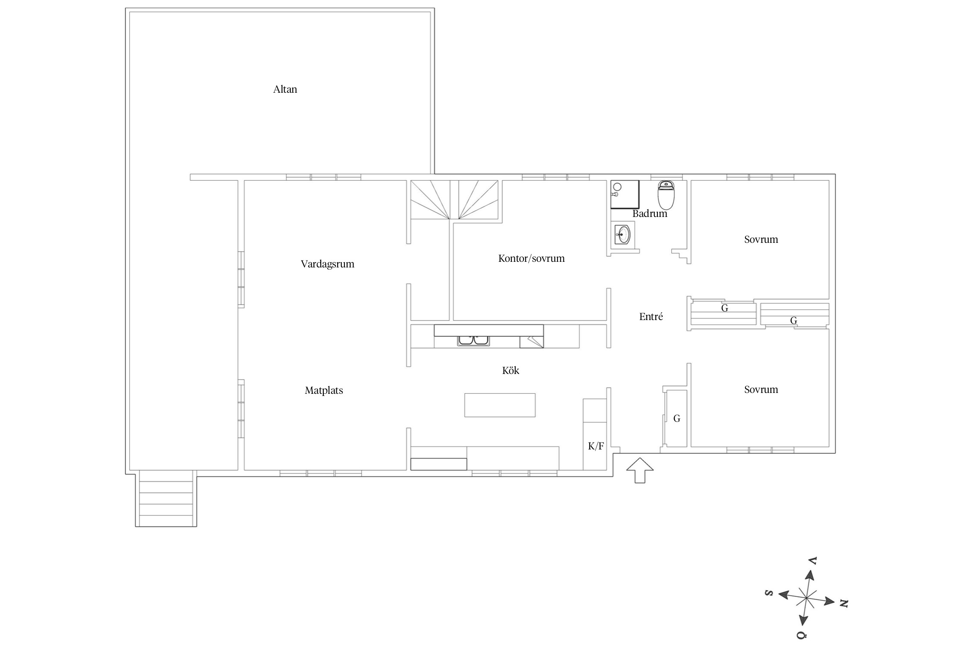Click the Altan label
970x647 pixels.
(x=285, y=89)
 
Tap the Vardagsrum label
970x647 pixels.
(x=328, y=264)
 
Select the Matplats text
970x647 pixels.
(x=324, y=390)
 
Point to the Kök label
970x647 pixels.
(x=510, y=370)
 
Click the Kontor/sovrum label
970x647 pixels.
(x=531, y=258)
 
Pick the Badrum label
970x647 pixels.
(x=650, y=214)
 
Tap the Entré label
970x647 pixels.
(x=651, y=317)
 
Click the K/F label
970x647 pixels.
(x=596, y=446)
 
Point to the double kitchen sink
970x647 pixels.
(x=474, y=341)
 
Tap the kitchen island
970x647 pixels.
(x=500, y=405)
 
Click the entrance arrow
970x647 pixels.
(x=640, y=470)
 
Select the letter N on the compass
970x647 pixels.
(x=844, y=603)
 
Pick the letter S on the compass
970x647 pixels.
(x=768, y=593)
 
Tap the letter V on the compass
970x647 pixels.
(x=813, y=561)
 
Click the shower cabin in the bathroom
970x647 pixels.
(x=625, y=195)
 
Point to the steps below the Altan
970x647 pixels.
(x=166, y=499)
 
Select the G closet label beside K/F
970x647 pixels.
(x=676, y=418)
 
